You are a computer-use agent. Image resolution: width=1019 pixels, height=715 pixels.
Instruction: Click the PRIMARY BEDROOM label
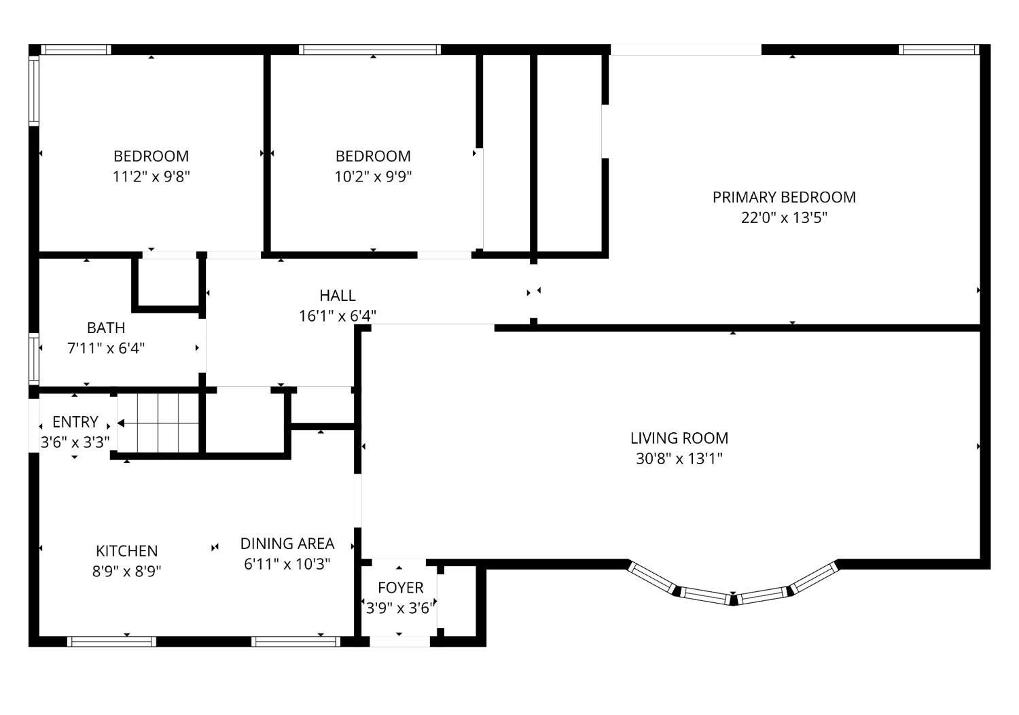pyautogui.click(x=784, y=197)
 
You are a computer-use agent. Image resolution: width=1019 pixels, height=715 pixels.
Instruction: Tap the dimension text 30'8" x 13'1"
pyautogui.click(x=679, y=459)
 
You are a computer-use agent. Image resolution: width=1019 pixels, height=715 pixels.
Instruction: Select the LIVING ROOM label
pyautogui.click(x=679, y=438)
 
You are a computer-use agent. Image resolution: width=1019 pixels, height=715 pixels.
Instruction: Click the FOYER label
pyautogui.click(x=400, y=587)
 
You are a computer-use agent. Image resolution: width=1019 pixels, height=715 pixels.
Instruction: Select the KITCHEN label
pyautogui.click(x=126, y=551)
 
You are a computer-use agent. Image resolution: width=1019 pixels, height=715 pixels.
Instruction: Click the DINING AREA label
pyautogui.click(x=287, y=544)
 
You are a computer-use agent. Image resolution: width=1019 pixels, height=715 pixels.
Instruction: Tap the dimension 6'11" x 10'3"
pyautogui.click(x=287, y=564)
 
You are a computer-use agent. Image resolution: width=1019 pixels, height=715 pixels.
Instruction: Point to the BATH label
pyautogui.click(x=106, y=328)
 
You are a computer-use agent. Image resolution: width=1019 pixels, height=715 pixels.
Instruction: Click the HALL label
pyautogui.click(x=338, y=296)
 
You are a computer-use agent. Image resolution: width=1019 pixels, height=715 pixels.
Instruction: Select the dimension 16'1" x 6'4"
pyautogui.click(x=338, y=316)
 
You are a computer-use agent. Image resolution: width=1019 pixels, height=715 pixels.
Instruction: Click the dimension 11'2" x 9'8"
pyautogui.click(x=151, y=177)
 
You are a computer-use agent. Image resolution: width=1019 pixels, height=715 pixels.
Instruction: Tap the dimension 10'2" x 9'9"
pyautogui.click(x=373, y=177)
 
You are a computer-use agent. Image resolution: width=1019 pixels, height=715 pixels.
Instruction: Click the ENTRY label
pyautogui.click(x=75, y=421)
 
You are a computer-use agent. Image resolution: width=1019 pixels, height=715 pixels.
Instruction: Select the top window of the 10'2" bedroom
pyautogui.click(x=370, y=50)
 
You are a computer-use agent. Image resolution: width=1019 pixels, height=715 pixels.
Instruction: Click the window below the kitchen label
pyautogui.click(x=111, y=641)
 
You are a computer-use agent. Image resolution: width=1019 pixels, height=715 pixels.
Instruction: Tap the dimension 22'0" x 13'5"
pyautogui.click(x=784, y=218)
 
